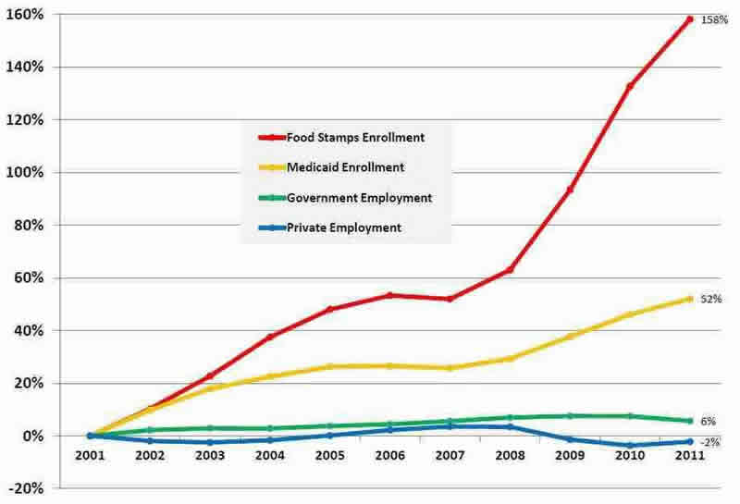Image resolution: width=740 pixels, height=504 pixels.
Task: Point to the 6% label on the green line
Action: [708, 420]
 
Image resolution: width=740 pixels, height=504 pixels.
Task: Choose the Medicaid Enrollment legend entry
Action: [345, 167]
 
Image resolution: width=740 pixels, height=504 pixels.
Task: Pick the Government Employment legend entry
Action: [359, 197]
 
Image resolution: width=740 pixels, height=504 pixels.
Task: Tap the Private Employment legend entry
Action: [344, 227]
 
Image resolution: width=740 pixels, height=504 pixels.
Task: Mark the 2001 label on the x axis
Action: [90, 456]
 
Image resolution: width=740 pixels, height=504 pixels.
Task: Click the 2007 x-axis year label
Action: [450, 456]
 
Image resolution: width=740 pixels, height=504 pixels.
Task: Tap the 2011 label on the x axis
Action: [689, 456]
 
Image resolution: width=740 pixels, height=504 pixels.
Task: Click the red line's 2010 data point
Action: [629, 86]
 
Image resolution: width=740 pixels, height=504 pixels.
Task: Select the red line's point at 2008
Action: [510, 269]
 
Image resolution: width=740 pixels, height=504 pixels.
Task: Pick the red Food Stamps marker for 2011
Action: [689, 19]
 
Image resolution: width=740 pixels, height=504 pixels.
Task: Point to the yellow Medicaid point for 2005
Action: [330, 366]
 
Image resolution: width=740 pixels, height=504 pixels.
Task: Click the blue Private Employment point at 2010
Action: [629, 445]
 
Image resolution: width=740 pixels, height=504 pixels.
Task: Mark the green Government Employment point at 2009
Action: [570, 415]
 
